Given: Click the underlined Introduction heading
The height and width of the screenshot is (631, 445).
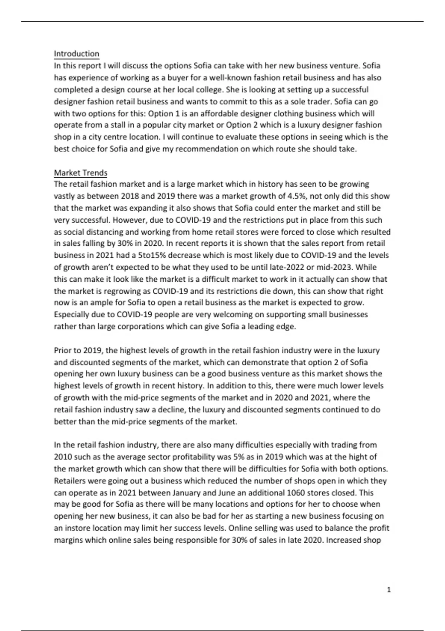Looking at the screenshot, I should [x=76, y=54].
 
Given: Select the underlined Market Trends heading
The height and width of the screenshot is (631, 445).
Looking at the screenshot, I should [x=80, y=173].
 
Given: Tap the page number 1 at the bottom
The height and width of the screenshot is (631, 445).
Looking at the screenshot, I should [x=389, y=590].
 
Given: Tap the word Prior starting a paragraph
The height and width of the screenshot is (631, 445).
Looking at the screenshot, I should [x=62, y=350].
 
